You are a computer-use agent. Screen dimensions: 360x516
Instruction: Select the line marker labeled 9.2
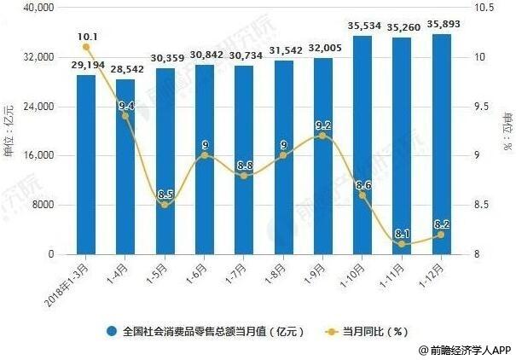pos(322,136)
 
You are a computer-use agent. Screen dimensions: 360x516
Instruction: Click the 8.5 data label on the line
pos(166,194)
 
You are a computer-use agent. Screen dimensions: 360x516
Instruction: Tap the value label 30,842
pos(205,55)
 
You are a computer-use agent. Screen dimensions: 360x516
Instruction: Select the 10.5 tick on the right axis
pos(484,8)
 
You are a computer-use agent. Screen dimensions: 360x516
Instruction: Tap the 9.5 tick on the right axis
pos(483,107)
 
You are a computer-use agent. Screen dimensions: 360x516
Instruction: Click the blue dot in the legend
pos(111,331)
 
